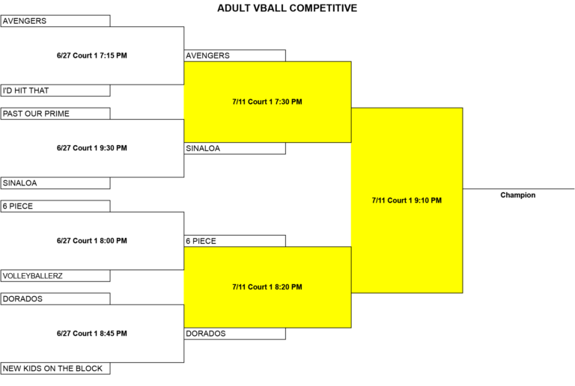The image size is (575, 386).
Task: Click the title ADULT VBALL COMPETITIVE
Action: click(287, 8)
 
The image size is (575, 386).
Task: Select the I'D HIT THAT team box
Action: click(55, 91)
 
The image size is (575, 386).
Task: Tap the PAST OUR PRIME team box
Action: click(55, 114)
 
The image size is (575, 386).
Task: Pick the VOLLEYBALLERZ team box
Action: click(55, 276)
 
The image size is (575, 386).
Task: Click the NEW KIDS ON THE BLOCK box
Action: click(55, 369)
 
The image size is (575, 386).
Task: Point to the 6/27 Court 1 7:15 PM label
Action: click(91, 55)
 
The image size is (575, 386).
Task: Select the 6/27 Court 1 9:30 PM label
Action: click(91, 148)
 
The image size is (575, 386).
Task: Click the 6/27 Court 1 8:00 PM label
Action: click(91, 241)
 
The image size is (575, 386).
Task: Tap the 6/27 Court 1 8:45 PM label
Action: click(91, 334)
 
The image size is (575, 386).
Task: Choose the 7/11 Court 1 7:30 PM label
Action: click(267, 102)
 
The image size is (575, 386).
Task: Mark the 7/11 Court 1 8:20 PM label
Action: click(267, 287)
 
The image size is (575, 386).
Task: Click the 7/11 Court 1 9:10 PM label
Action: click(407, 200)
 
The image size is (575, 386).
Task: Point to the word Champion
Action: click(518, 195)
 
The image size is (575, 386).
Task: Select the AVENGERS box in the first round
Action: click(55, 21)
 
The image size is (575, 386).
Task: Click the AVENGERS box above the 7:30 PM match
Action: click(234, 55)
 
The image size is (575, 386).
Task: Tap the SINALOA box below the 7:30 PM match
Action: click(234, 148)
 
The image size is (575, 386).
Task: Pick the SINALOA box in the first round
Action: click(55, 183)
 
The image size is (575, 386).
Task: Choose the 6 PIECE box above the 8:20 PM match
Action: click(234, 241)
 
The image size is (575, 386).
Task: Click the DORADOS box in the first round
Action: click(55, 298)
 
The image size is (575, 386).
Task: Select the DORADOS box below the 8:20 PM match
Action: click(234, 334)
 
